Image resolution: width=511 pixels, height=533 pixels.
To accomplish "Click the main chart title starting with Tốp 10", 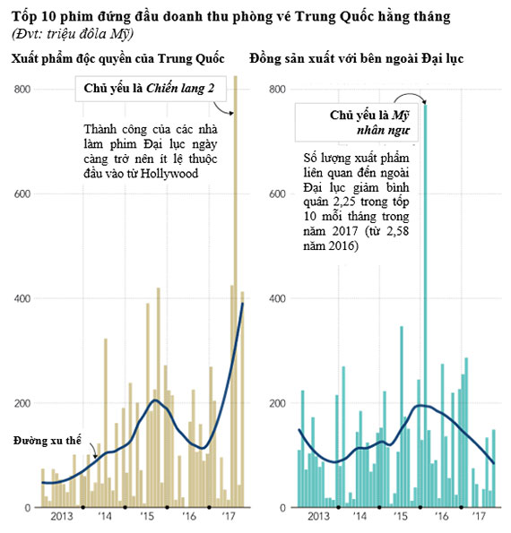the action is tap(231, 17).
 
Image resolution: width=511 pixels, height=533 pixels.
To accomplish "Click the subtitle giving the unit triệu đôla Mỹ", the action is tap(72, 34).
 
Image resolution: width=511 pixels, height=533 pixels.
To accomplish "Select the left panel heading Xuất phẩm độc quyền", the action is tap(117, 58).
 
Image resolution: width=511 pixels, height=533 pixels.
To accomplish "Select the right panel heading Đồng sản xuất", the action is tap(356, 58).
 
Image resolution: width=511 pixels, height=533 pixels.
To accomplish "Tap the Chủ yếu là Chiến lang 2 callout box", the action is tap(151, 89).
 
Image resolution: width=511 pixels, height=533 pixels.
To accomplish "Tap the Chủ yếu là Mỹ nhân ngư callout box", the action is tap(356, 123).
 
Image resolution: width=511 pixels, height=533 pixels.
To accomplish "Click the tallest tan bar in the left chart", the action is tap(235, 291).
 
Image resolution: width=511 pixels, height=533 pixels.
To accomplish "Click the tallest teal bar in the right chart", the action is tap(425, 306).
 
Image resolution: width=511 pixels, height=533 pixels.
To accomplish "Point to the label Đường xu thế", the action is tap(48, 440).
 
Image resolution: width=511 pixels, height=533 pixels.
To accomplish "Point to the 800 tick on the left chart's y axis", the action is tap(22, 89).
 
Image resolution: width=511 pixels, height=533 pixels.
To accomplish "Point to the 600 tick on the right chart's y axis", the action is tap(277, 193).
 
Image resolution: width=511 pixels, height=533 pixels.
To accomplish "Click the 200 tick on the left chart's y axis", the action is tap(22, 403).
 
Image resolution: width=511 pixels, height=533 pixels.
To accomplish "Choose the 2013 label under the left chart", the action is tap(62, 516).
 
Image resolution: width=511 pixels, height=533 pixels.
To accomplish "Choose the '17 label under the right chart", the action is tap(479, 516).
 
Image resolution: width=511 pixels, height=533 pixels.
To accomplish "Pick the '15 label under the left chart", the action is tap(147, 516).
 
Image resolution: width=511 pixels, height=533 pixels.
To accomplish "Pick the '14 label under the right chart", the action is tap(359, 516).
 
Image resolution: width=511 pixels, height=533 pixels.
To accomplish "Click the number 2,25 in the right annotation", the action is tap(344, 202).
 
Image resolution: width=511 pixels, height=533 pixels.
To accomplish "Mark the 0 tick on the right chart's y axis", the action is tap(282, 508).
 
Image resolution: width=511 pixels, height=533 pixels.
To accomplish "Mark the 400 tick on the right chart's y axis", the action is tap(277, 298).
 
